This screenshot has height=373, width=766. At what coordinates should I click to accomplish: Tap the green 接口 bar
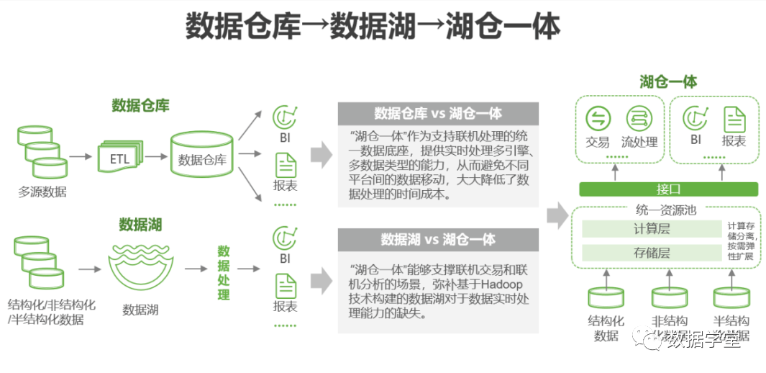point(668,189)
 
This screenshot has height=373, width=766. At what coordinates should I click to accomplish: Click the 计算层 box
point(652,229)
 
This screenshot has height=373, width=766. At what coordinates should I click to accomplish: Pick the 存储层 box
point(652,253)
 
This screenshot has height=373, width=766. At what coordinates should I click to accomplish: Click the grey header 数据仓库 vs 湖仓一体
point(437,114)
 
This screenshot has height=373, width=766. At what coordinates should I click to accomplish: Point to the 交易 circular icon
point(598,119)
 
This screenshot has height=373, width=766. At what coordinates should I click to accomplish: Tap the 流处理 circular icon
point(639,119)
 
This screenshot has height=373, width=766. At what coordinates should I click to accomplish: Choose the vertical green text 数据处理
point(224,273)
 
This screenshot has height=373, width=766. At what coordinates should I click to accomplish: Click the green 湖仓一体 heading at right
point(668,81)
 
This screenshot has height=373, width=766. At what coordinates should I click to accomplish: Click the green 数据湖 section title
point(140,225)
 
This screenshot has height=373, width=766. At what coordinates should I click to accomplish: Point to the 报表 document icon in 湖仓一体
point(734,119)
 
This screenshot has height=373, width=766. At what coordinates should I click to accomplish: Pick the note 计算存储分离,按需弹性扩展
point(740,241)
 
